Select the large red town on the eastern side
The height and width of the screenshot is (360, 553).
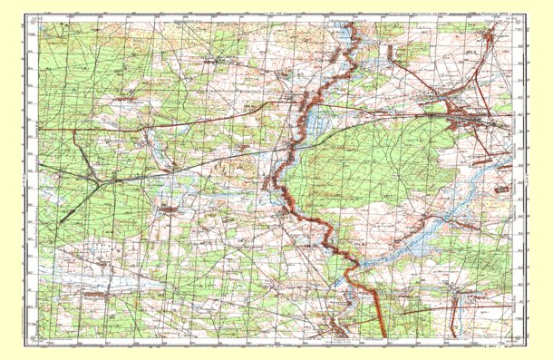[467, 113]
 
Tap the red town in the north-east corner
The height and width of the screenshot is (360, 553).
[490, 34]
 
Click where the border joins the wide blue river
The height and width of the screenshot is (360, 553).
[358, 264]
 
